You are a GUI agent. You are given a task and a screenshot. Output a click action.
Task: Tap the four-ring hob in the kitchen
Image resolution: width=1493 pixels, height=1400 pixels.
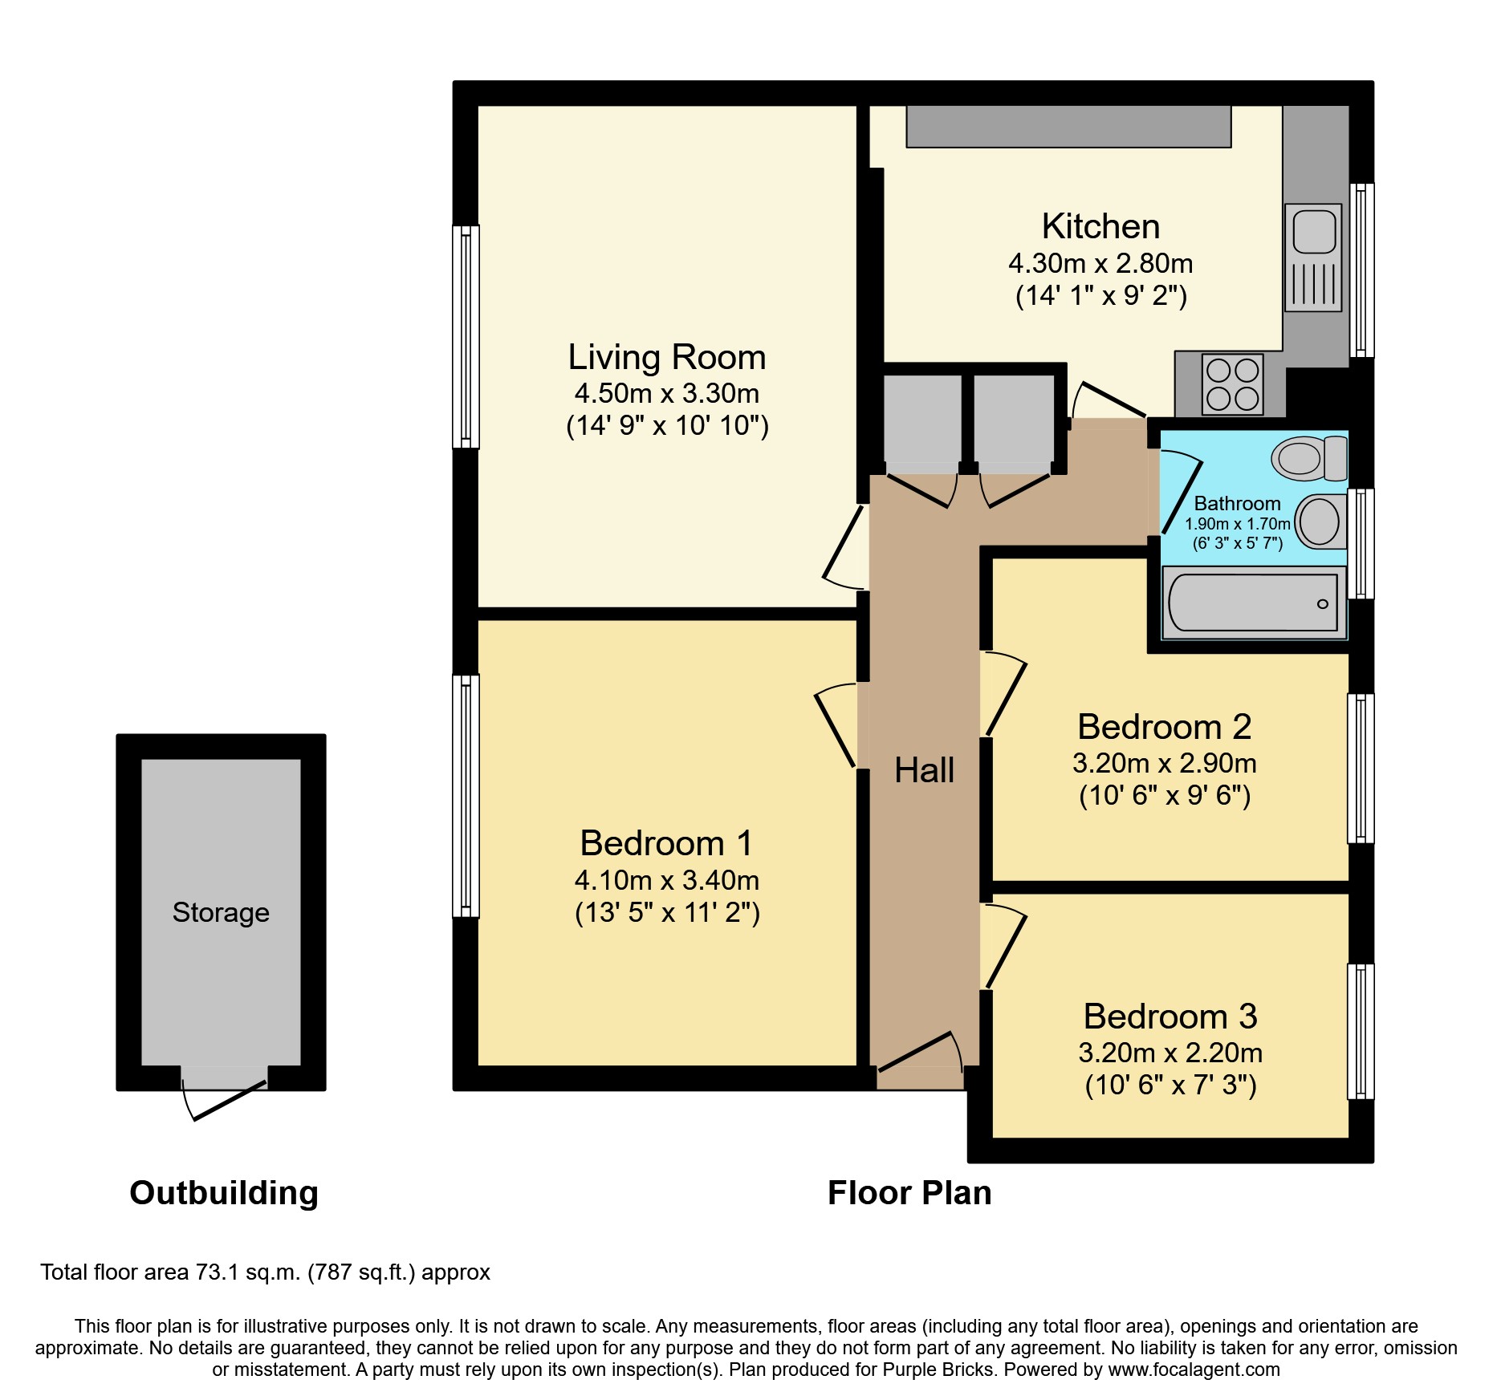pyautogui.click(x=1232, y=384)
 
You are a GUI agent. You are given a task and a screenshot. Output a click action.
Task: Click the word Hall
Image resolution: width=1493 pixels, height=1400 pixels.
pyautogui.click(x=924, y=770)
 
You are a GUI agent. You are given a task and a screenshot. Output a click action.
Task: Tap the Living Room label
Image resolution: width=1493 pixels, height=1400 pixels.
pyautogui.click(x=666, y=357)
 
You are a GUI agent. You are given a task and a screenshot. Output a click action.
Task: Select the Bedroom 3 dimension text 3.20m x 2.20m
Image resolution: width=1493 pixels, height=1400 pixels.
pyautogui.click(x=1170, y=1053)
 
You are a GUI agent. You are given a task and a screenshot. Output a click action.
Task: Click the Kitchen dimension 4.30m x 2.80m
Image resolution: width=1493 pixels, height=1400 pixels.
pyautogui.click(x=1100, y=263)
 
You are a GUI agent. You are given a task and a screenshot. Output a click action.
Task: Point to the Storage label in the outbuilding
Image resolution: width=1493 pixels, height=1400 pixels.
pyautogui.click(x=221, y=912)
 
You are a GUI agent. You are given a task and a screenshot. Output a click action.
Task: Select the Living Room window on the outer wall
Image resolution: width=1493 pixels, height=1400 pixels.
pyautogui.click(x=466, y=336)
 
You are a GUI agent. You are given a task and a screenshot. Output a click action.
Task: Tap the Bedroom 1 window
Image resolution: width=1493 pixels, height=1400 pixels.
pyautogui.click(x=466, y=795)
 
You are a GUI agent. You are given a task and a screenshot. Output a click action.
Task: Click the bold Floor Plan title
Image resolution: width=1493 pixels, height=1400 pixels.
pyautogui.click(x=909, y=1193)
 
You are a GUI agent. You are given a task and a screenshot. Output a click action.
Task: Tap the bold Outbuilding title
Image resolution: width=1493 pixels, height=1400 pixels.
pyautogui.click(x=224, y=1193)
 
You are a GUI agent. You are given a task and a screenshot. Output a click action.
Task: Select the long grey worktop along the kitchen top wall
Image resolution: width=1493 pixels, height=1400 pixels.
pyautogui.click(x=1068, y=126)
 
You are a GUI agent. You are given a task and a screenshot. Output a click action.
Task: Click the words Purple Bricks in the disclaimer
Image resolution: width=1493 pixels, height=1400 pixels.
pyautogui.click(x=938, y=1370)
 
